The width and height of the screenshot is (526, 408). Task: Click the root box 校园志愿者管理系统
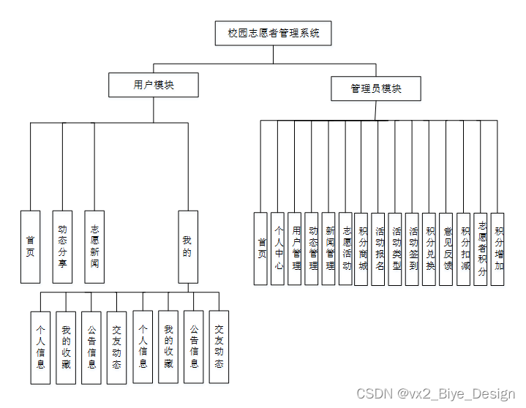coord(273,33)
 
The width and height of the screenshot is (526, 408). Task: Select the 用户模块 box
coord(154,85)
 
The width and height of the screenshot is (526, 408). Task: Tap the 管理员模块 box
coord(375,88)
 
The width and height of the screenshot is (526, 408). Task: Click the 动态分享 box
coord(62,246)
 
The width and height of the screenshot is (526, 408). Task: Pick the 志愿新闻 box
coord(94,246)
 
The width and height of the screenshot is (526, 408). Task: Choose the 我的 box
coord(187,246)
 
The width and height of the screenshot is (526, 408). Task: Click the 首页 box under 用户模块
coord(30,246)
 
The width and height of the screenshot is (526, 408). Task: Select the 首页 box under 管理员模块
coord(261,248)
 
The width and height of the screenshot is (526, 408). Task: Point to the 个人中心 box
coord(278,248)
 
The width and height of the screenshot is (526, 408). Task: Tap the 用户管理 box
coord(295,248)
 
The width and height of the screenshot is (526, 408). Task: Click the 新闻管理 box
coord(328,248)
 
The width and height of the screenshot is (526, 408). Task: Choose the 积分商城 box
coord(362,248)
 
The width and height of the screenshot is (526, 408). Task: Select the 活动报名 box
coord(379,248)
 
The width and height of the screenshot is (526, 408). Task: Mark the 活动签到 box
coord(413,248)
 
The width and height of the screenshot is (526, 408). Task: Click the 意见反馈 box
coord(447,248)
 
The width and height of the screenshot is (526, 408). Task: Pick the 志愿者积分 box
coord(481,248)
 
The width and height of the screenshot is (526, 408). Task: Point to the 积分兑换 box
coord(429,248)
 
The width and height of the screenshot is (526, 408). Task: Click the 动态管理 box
coord(312,248)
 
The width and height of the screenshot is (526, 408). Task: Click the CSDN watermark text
coord(436,394)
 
